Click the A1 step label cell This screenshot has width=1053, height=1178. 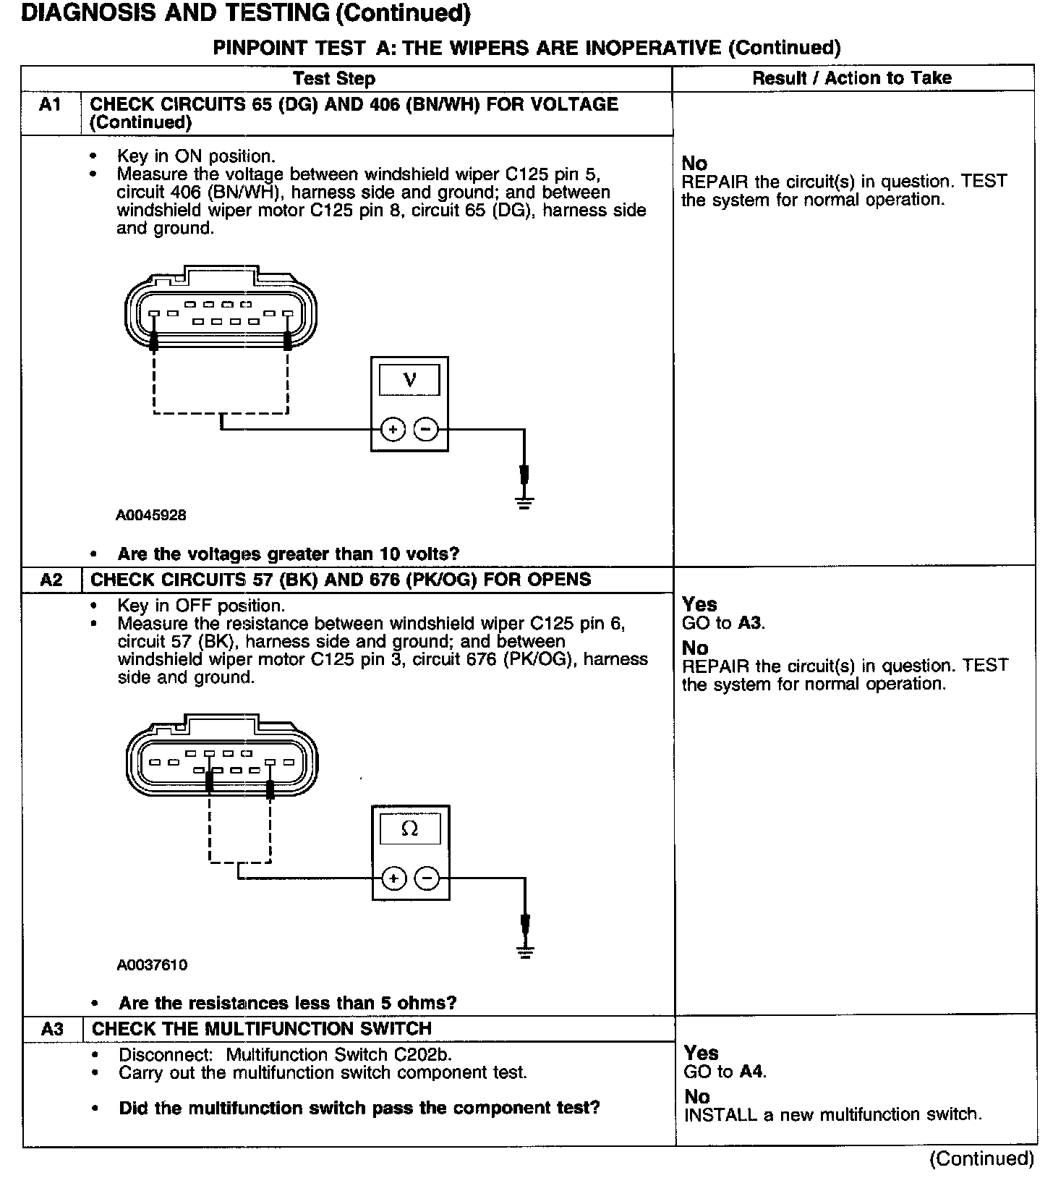click(x=50, y=105)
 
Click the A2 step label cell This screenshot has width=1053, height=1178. click(x=51, y=580)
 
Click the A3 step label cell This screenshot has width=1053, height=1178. click(x=52, y=1028)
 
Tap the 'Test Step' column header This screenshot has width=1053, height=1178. click(x=333, y=78)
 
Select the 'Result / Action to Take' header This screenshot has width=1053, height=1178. click(x=852, y=78)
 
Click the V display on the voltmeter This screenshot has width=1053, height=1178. click(x=409, y=379)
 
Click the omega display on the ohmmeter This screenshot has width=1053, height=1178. click(x=410, y=829)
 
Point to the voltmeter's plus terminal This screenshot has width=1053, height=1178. click(x=393, y=430)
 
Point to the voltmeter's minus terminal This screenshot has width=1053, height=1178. click(x=425, y=430)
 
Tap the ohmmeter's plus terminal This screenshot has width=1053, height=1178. click(x=393, y=878)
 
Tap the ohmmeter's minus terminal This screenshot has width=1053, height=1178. click(x=427, y=878)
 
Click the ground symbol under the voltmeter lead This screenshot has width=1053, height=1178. click(x=525, y=503)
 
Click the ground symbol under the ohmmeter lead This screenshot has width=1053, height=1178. click(x=526, y=952)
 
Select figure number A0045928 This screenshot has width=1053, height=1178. click(x=151, y=515)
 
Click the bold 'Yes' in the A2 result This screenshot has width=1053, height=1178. click(x=699, y=604)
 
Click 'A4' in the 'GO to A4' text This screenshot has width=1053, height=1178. click(x=752, y=1072)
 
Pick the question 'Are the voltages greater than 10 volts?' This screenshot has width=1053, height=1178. click(x=289, y=554)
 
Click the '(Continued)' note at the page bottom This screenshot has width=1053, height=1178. click(x=981, y=1158)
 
